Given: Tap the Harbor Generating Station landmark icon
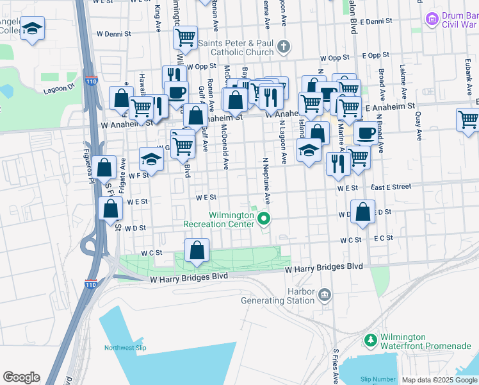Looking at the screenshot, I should pyautogui.click(x=325, y=295).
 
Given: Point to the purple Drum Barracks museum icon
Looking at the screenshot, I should pyautogui.click(x=433, y=20).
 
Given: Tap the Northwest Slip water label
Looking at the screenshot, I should pyautogui.click(x=126, y=348).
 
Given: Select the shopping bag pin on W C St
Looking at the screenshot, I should pyautogui.click(x=197, y=250).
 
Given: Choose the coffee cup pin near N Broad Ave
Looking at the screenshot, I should pyautogui.click(x=366, y=133).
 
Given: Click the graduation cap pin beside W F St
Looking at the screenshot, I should pyautogui.click(x=151, y=158).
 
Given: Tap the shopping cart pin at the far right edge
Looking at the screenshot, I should pyautogui.click(x=468, y=120).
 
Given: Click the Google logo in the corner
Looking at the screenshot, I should pyautogui.click(x=21, y=377).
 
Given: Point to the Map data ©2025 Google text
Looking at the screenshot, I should pyautogui.click(x=439, y=380).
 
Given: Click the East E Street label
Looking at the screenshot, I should pyautogui.click(x=391, y=187).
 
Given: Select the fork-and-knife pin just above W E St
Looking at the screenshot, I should pyautogui.click(x=337, y=164).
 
